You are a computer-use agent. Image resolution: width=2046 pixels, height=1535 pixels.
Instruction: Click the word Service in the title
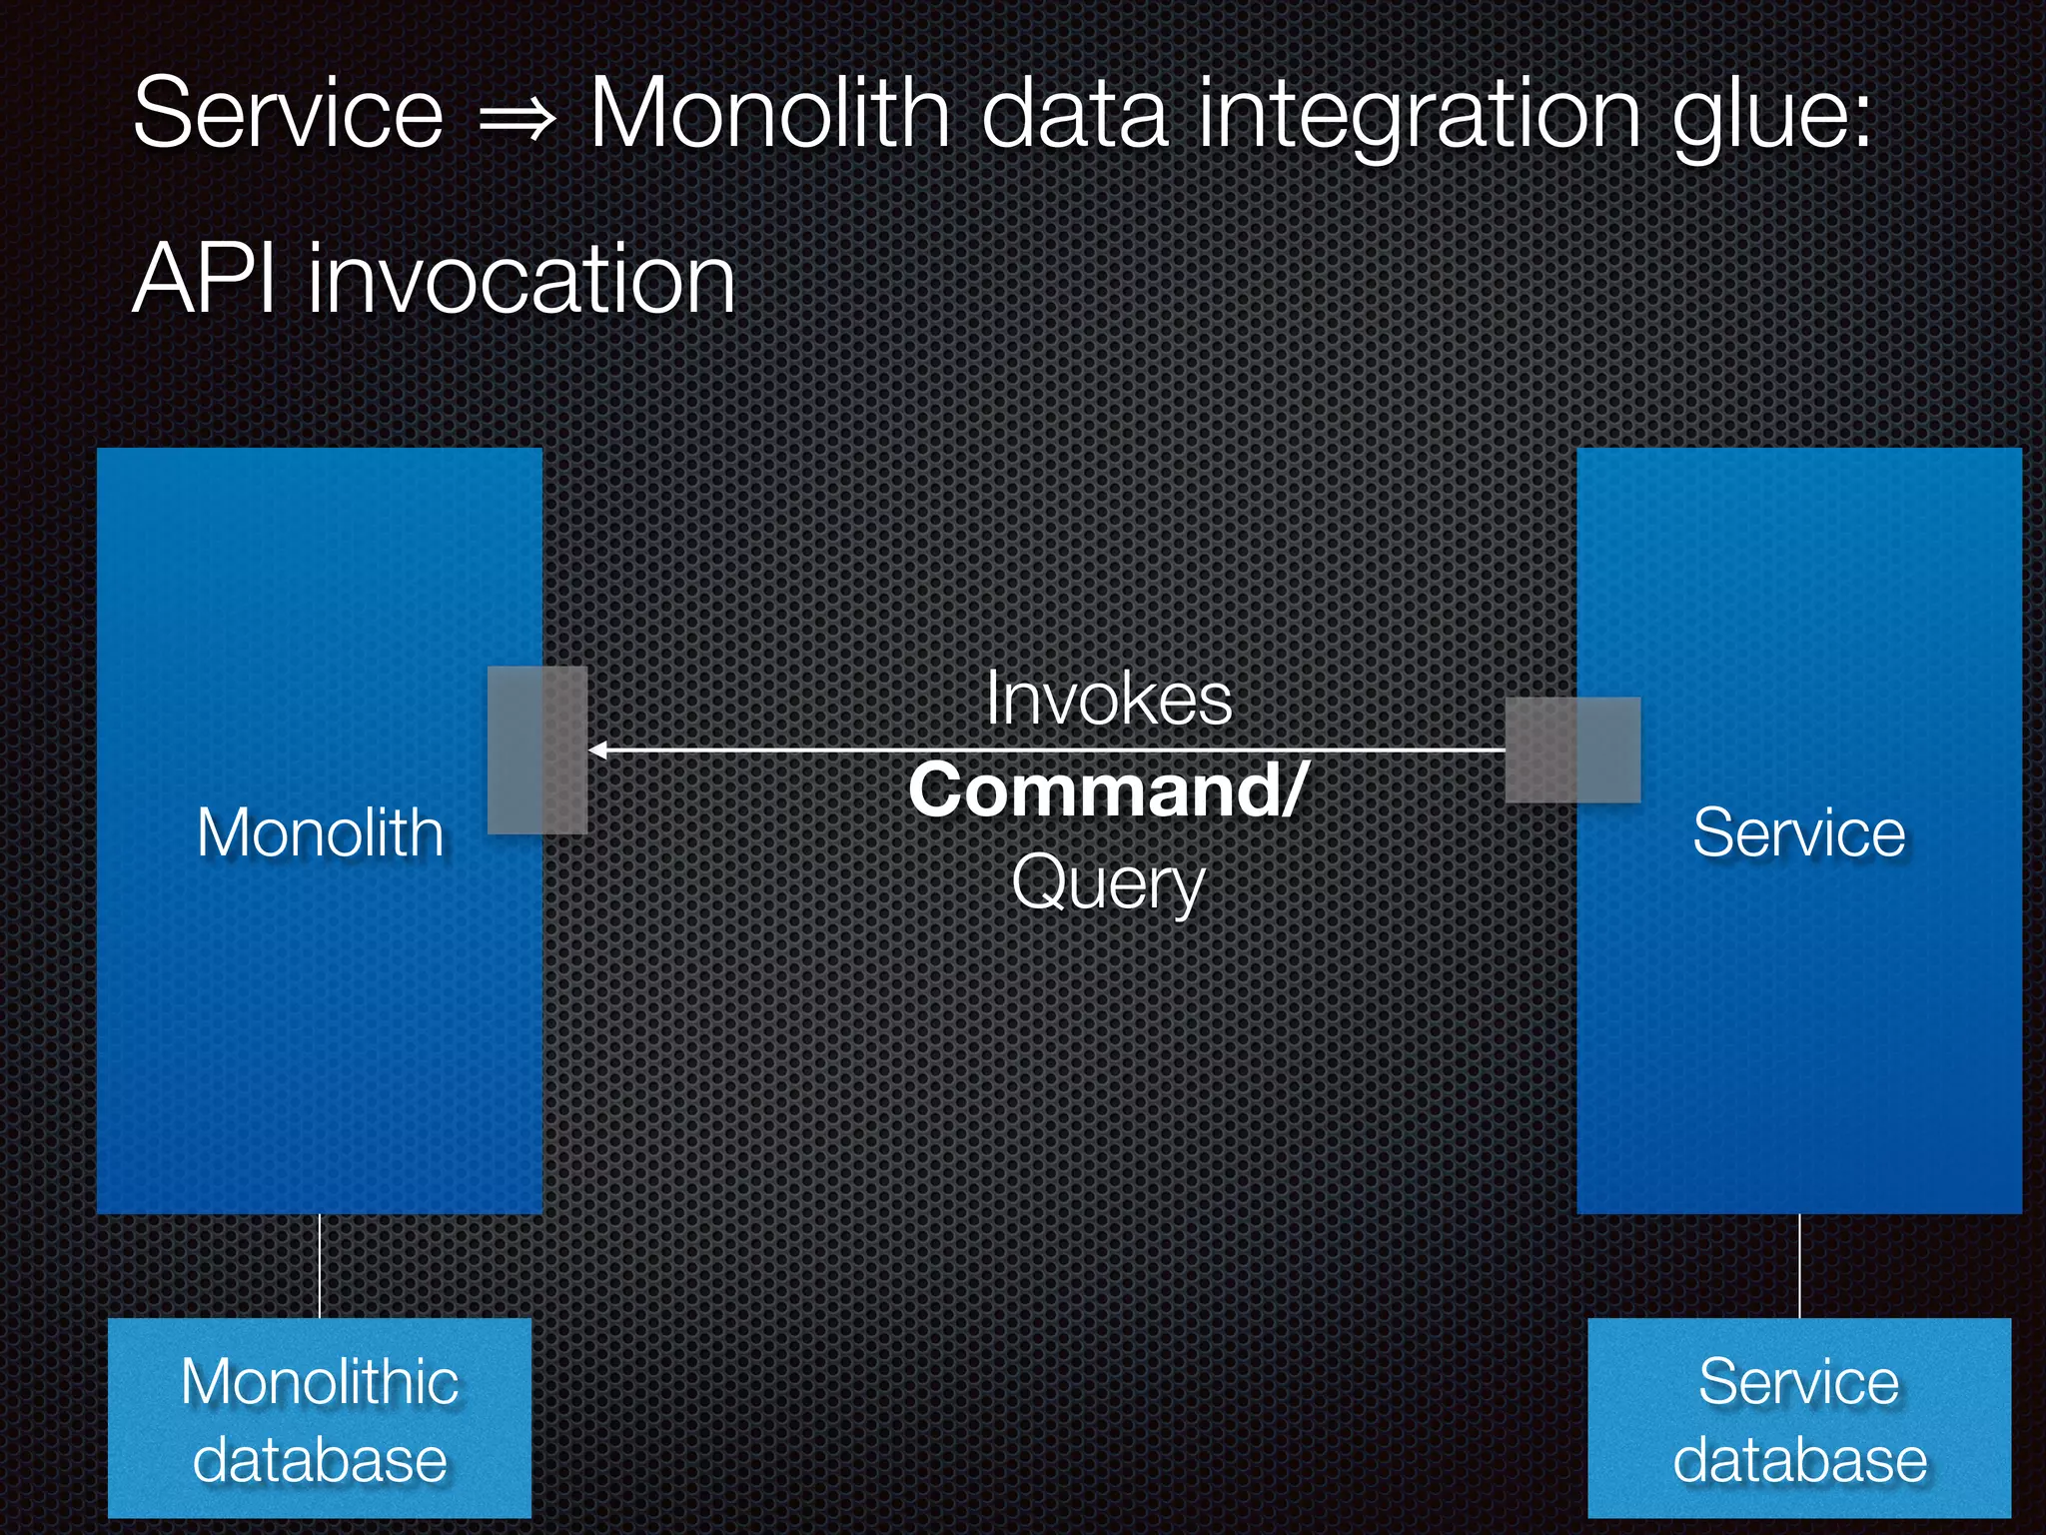288,114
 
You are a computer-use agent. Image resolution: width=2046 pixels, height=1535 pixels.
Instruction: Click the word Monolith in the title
769,114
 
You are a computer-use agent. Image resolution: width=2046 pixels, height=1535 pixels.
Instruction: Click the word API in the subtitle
204,279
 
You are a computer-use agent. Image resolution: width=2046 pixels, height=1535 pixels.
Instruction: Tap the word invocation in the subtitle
521,279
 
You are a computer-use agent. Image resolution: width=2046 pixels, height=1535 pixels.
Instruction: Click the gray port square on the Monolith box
537,750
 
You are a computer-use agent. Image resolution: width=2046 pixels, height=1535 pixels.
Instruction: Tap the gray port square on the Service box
1572,750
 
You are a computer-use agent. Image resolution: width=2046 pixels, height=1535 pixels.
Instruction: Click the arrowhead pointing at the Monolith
598,750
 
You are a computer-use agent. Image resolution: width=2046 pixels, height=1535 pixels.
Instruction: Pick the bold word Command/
1107,789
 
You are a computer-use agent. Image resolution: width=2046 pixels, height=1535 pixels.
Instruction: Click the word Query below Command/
1108,883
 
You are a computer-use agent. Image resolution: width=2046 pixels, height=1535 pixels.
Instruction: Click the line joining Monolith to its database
320,1266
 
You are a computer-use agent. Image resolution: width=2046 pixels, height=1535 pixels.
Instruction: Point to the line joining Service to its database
1799,1266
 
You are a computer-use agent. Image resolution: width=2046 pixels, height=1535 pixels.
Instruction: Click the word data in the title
1073,114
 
